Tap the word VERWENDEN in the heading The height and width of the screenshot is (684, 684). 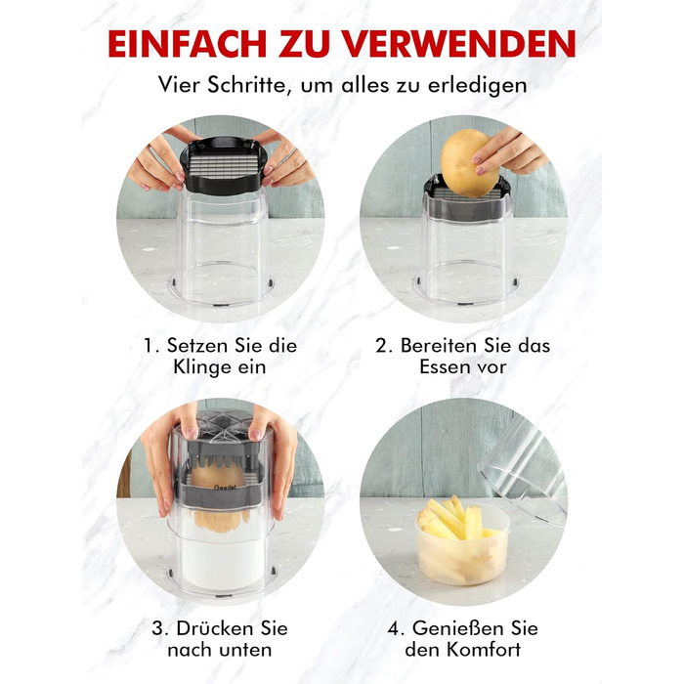click(459, 44)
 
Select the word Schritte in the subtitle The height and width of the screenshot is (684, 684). click(246, 85)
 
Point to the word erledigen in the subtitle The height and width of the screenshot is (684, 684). click(477, 86)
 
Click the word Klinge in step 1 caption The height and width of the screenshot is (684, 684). click(201, 367)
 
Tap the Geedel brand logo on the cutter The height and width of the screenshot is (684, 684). click(225, 488)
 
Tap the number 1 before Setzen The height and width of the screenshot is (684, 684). click(150, 346)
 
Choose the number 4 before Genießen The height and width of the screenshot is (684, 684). click(394, 629)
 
